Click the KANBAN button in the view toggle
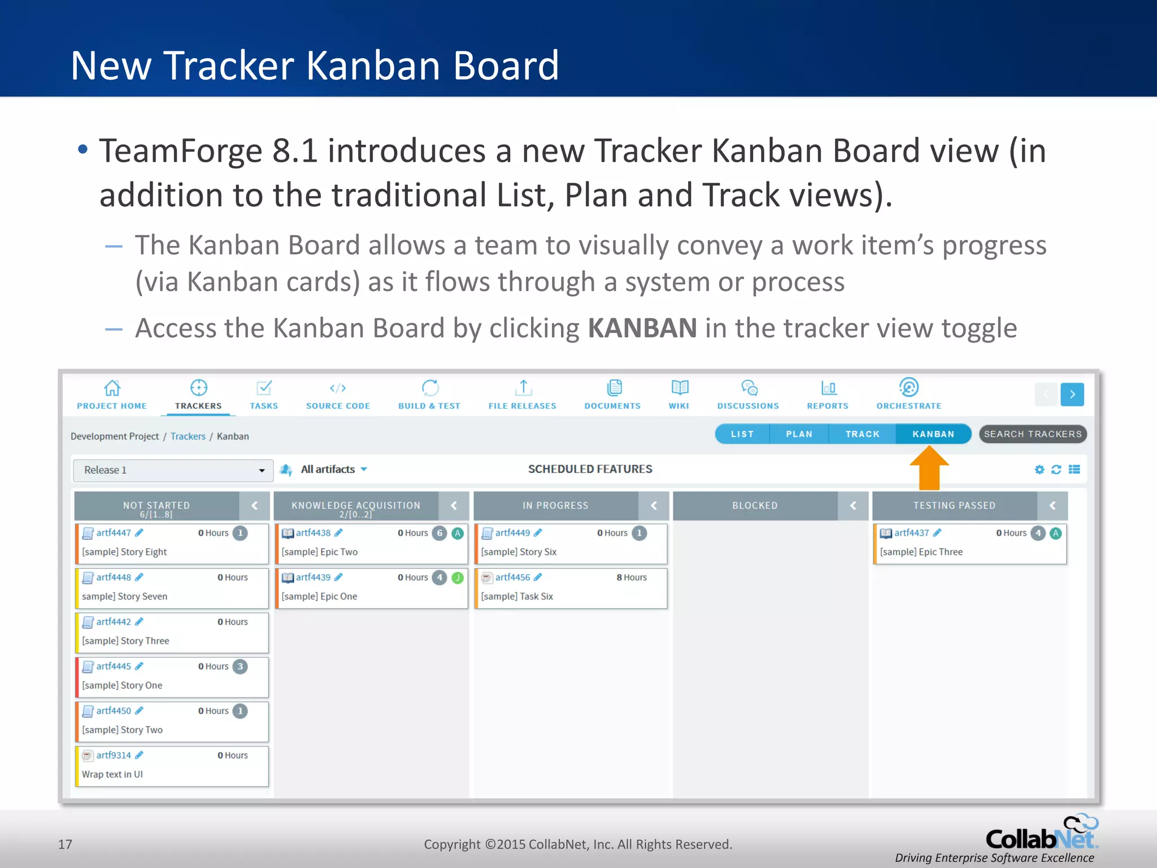pos(933,434)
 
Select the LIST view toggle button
pos(742,434)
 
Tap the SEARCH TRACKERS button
pos(1032,434)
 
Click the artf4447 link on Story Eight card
pos(114,533)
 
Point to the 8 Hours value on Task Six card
pos(632,578)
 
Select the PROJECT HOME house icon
pos(112,388)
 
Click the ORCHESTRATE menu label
pos(908,406)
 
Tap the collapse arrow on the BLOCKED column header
pos(853,506)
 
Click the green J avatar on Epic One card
pos(458,578)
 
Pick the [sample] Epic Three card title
pos(921,552)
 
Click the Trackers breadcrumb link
pos(188,436)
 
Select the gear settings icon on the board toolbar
pos(1039,470)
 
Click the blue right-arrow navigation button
pos(1072,394)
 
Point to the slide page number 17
pos(65,844)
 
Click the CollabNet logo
pos(1042,835)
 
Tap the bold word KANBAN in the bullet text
pos(642,328)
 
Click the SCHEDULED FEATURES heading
pos(590,469)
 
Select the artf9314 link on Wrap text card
pos(114,756)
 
